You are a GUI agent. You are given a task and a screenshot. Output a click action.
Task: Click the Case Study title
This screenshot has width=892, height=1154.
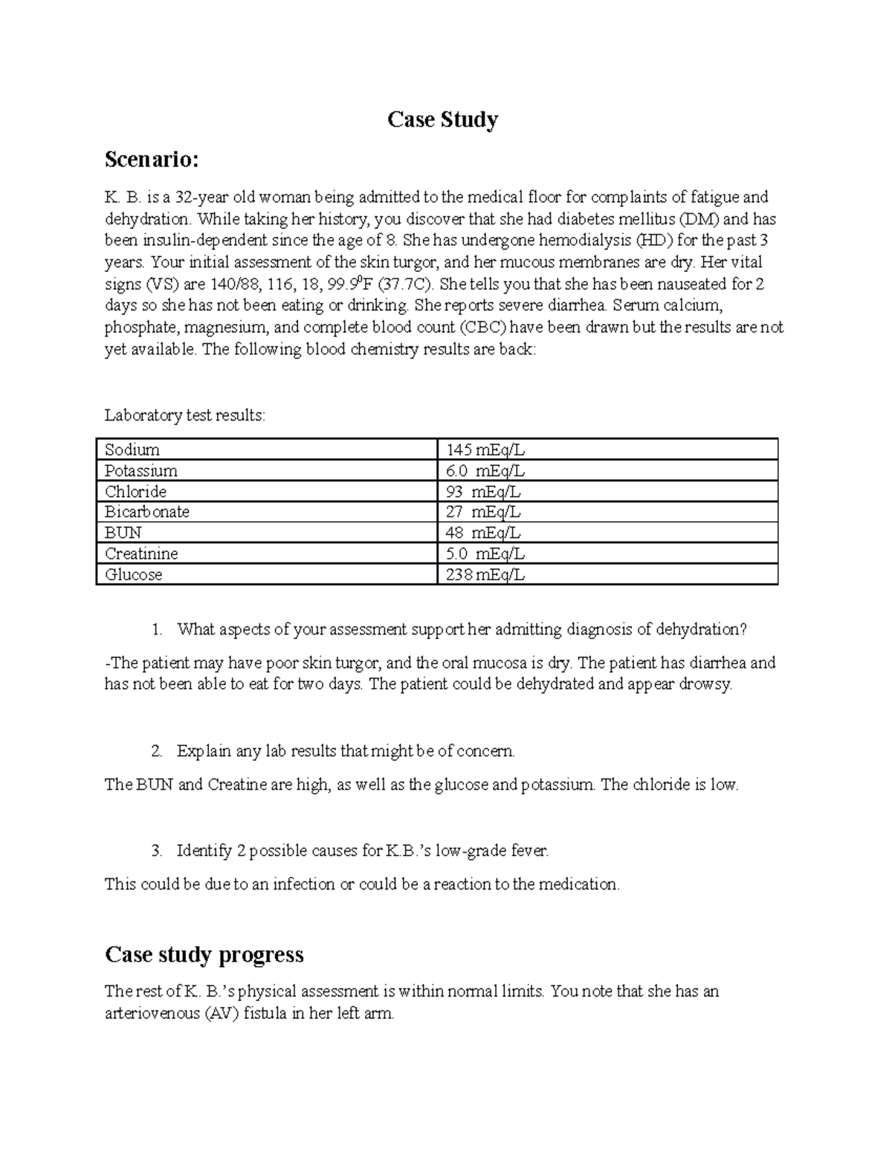tap(442, 120)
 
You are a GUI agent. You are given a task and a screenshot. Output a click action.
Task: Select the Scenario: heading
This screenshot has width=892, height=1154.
tap(152, 159)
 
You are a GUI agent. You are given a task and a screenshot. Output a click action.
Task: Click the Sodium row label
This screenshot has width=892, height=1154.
tap(132, 450)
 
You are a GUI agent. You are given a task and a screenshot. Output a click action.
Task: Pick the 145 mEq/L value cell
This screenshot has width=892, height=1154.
tap(485, 450)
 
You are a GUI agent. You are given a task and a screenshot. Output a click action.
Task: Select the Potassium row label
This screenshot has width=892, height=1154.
tap(141, 470)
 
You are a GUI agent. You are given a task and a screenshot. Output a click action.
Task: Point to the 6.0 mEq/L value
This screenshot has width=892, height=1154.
tap(485, 470)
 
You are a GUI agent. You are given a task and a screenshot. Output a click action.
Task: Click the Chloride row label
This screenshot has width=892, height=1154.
tap(135, 491)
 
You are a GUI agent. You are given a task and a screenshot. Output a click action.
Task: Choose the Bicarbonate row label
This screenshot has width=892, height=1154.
tap(147, 512)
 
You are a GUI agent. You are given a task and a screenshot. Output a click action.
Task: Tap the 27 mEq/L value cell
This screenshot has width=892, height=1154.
tap(484, 512)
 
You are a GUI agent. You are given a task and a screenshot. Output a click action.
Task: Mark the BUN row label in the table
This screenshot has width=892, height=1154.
tap(123, 533)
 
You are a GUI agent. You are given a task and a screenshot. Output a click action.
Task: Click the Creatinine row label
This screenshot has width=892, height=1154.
tap(141, 554)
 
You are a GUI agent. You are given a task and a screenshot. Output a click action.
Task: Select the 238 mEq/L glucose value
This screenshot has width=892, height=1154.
tap(485, 574)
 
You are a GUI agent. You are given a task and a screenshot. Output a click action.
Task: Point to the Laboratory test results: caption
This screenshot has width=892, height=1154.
tap(184, 415)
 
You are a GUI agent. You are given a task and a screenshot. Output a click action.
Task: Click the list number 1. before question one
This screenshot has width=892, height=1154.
tap(156, 629)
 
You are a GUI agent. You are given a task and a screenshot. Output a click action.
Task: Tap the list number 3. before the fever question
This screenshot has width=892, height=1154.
tap(156, 851)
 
